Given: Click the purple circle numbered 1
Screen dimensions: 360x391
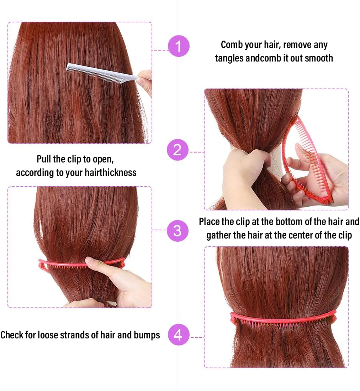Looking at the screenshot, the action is coord(178,46).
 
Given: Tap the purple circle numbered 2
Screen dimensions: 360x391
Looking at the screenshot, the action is coord(178,150).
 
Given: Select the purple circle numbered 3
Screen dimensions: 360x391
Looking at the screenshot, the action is coord(178,231).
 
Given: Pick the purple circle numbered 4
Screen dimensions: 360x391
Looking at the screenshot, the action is coord(178,335).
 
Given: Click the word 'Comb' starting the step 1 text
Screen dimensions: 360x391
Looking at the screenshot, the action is coord(232,45).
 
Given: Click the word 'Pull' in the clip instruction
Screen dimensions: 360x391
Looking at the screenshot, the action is coord(44,159).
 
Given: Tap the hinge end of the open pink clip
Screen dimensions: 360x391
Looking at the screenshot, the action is coord(327,200).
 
